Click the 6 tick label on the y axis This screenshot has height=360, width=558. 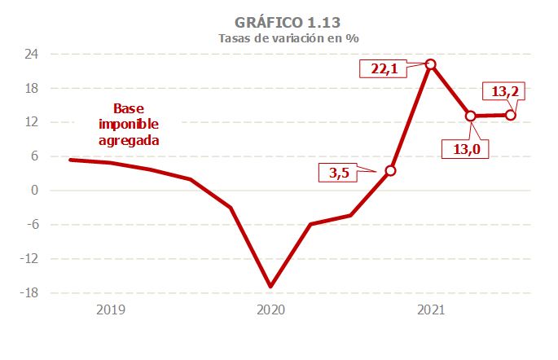coord(36,156)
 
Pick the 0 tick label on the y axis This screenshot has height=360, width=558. coord(36,191)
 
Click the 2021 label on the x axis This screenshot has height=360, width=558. coord(430,310)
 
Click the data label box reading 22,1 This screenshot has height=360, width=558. coord(384,68)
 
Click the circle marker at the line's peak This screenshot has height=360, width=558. coord(430,64)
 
